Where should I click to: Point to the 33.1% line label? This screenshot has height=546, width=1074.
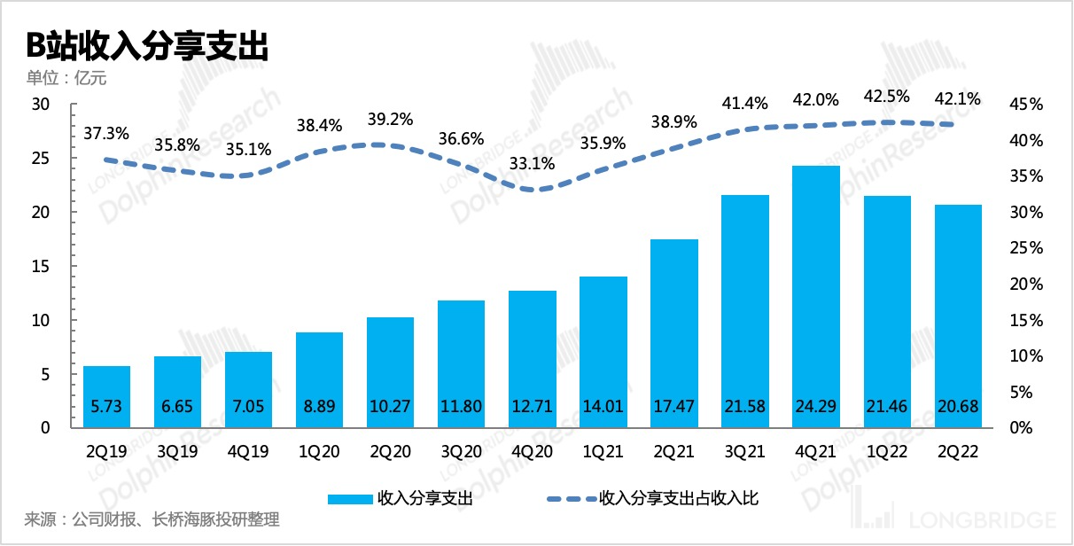click(533, 163)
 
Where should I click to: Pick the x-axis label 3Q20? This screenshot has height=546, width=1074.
click(462, 452)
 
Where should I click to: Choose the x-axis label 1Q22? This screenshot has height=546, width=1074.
click(887, 452)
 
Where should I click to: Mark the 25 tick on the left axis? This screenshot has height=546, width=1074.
click(43, 159)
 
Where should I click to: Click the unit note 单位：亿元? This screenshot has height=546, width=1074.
click(66, 78)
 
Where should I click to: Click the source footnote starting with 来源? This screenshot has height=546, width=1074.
click(152, 519)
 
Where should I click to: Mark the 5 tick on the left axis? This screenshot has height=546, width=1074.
click(46, 374)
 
